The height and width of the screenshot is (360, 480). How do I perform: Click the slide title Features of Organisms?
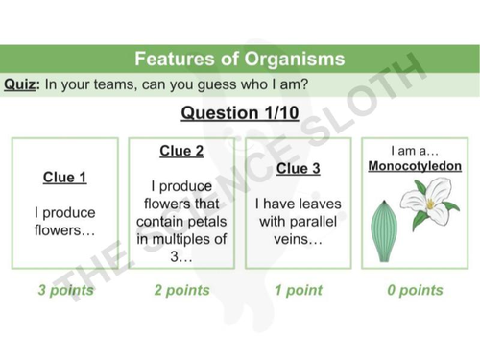click(x=239, y=59)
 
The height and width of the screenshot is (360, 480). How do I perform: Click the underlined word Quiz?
click(x=20, y=84)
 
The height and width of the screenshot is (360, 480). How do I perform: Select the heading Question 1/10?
click(x=240, y=113)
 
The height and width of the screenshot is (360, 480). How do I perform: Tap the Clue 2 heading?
click(x=181, y=151)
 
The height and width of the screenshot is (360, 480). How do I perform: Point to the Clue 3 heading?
click(x=298, y=169)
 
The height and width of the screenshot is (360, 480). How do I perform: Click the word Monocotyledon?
click(x=415, y=167)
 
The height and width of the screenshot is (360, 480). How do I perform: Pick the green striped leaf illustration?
click(x=384, y=226)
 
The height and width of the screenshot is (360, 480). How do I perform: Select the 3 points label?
click(x=65, y=290)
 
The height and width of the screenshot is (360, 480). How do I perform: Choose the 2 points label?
click(x=181, y=290)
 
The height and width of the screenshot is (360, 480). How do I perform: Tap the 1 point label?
click(x=298, y=290)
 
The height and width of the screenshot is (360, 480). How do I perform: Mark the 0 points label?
click(x=415, y=290)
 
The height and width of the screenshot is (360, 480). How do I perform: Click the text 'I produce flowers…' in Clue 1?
click(x=65, y=222)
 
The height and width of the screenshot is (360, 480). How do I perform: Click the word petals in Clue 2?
click(x=208, y=222)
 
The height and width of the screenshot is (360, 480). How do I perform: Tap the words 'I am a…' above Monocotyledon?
click(x=414, y=151)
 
